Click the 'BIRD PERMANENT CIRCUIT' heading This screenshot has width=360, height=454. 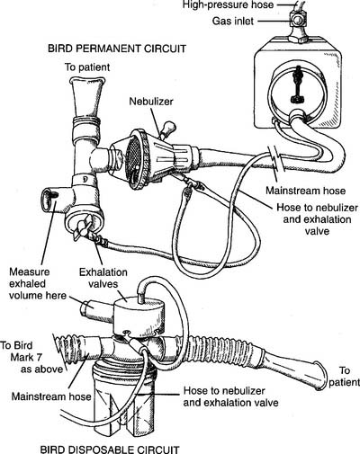click(x=117, y=49)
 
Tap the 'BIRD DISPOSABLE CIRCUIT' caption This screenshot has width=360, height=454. click(x=110, y=450)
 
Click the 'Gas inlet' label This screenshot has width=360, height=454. click(x=233, y=21)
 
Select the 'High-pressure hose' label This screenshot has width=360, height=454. click(x=228, y=4)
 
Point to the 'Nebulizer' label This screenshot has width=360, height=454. click(x=151, y=102)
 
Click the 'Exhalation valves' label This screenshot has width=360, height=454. click(x=103, y=278)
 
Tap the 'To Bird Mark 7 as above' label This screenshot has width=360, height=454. click(x=31, y=357)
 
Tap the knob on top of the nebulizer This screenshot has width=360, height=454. click(x=166, y=129)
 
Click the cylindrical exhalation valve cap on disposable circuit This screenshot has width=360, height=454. click(x=139, y=316)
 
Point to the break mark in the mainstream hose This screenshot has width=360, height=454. click(x=276, y=159)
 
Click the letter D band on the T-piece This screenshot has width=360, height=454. click(x=85, y=180)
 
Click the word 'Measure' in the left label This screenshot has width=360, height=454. click(x=30, y=272)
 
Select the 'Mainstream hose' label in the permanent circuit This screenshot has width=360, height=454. click(x=305, y=191)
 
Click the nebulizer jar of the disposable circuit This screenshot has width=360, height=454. click(x=124, y=406)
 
